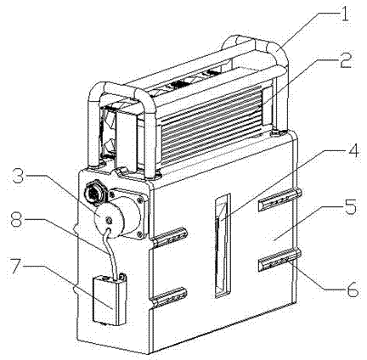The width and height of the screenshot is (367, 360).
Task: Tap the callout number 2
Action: click(x=345, y=59)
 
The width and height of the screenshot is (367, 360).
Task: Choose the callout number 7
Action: click(x=19, y=266)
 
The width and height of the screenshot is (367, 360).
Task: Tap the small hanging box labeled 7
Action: click(x=109, y=299)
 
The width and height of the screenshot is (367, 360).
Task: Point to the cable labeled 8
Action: click(x=111, y=253)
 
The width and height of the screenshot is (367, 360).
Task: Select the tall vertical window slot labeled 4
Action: click(x=223, y=245)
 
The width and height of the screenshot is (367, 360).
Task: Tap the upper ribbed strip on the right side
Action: click(x=279, y=200)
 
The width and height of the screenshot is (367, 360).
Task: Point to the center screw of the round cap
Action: click(x=108, y=220)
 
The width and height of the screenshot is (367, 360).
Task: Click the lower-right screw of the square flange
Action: click(x=139, y=233)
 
